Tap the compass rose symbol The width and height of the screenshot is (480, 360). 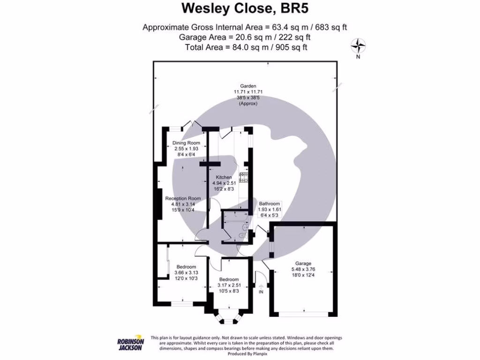point(358,45)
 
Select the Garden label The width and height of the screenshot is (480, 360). point(248,86)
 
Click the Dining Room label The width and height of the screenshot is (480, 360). point(186,143)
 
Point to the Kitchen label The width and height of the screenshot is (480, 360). point(224,177)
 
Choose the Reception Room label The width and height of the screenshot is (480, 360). point(183,198)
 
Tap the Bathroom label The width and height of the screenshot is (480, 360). point(269,204)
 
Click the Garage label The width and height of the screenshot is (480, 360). point(303,263)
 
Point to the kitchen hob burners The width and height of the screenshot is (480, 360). point(244,177)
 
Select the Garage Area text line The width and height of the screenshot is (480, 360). point(245,37)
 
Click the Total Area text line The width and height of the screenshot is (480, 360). point(246,47)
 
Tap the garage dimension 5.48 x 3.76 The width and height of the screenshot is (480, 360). point(303,269)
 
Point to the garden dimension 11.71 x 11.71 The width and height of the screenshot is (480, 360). point(248,92)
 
